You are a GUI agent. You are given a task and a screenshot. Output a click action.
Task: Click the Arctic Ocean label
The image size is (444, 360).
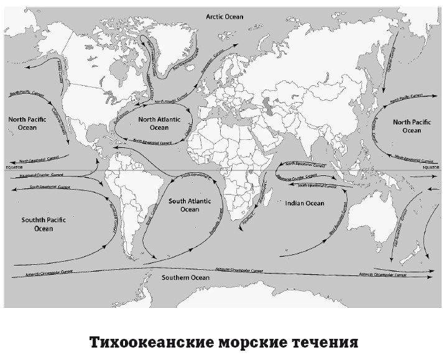225,17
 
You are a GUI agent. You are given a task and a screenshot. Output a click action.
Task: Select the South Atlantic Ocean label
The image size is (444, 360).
190,205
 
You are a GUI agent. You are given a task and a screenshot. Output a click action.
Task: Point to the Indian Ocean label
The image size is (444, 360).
304,203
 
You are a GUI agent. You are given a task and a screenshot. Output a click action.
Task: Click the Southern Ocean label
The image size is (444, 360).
185,277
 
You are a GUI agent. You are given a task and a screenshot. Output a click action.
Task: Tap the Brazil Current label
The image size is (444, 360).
149,215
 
